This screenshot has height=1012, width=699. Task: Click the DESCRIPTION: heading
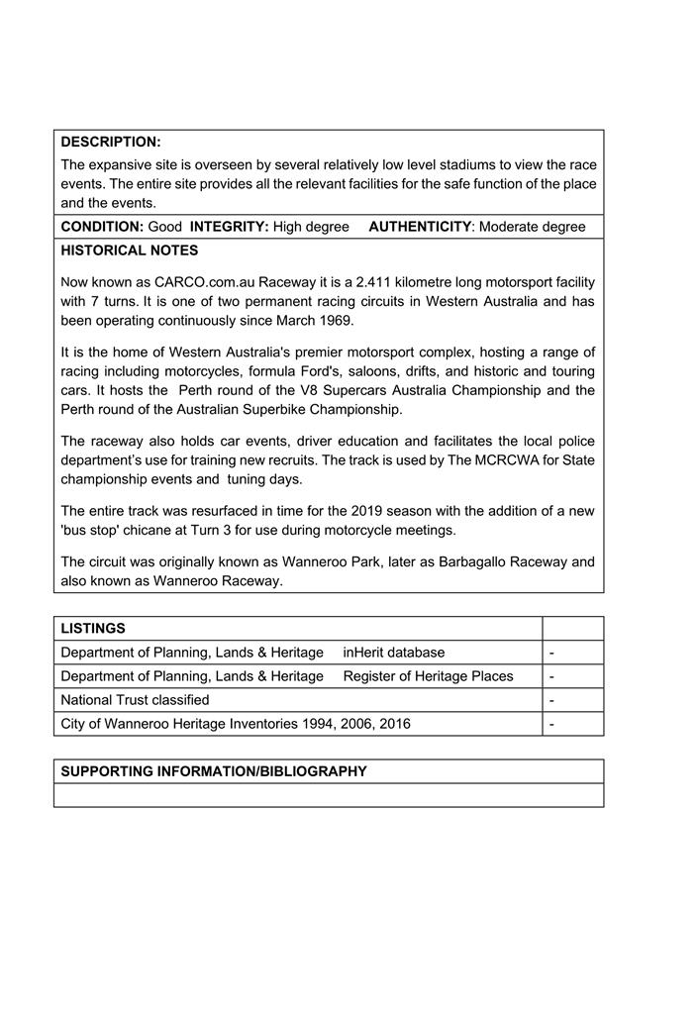[110, 142]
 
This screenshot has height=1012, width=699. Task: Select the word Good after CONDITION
[165, 227]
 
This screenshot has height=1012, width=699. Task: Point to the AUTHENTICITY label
[420, 227]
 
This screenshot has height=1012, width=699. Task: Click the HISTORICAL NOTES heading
[129, 251]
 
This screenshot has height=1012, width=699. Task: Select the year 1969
[337, 321]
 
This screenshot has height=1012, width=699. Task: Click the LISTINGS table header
[93, 629]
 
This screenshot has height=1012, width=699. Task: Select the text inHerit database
[394, 653]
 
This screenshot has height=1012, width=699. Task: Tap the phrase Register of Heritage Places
[428, 676]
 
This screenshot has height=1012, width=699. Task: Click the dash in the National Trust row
[550, 700]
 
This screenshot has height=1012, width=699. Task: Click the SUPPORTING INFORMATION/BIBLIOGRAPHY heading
[214, 771]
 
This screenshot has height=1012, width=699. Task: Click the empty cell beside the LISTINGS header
[572, 629]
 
